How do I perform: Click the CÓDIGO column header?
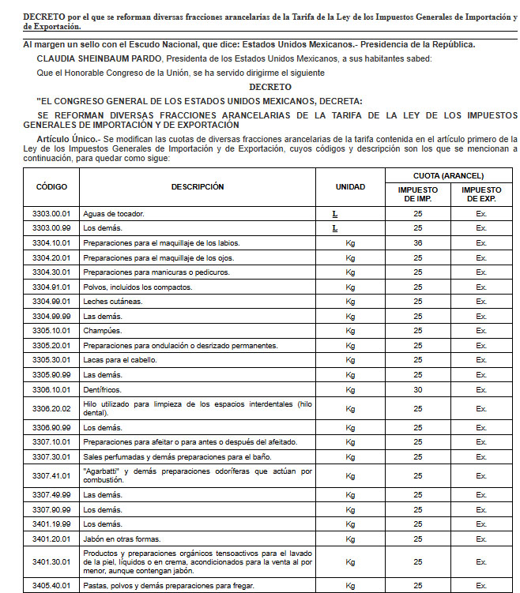coord(51,187)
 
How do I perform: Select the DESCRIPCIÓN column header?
coord(198,187)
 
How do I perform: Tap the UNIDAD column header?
coord(350,187)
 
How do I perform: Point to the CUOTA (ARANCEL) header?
coord(448,175)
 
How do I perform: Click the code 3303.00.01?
coord(51,213)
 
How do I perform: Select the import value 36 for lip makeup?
coord(417,242)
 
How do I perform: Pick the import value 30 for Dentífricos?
coord(417,389)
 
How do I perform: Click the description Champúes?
coord(103,331)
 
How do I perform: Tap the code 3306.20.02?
coord(51,408)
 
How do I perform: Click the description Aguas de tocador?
coord(113,213)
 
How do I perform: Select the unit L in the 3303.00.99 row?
coord(335,228)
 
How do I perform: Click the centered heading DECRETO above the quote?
coord(269,87)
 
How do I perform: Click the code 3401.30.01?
coord(51,562)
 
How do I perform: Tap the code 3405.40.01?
coord(51,585)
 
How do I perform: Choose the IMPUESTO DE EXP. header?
coord(481,194)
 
